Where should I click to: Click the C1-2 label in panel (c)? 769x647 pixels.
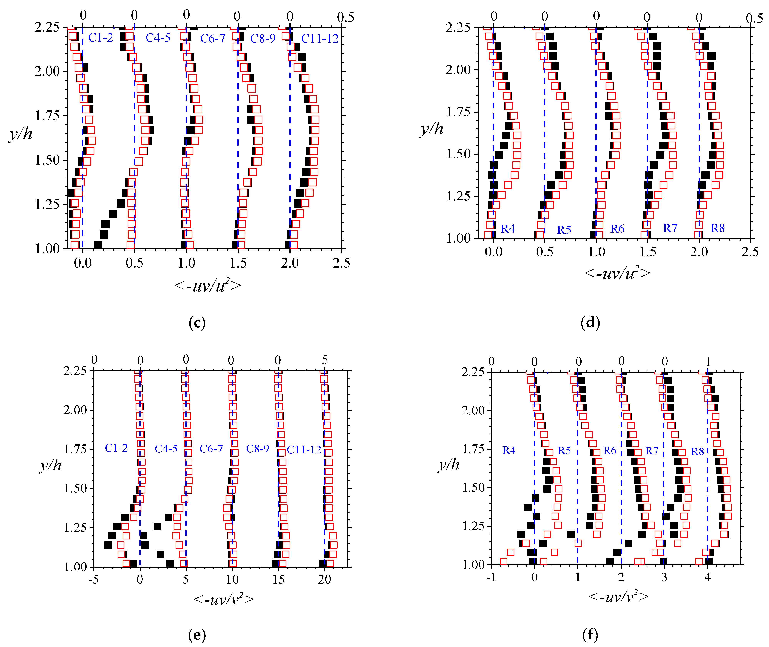click(101, 38)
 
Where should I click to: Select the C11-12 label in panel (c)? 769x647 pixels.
click(319, 38)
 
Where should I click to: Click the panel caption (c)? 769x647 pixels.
click(197, 323)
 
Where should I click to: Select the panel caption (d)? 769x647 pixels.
click(590, 322)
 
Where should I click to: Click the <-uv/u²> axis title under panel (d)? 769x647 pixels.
click(617, 273)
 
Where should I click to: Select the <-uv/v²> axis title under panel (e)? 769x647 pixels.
click(223, 599)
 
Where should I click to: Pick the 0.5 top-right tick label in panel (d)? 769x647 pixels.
click(754, 18)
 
